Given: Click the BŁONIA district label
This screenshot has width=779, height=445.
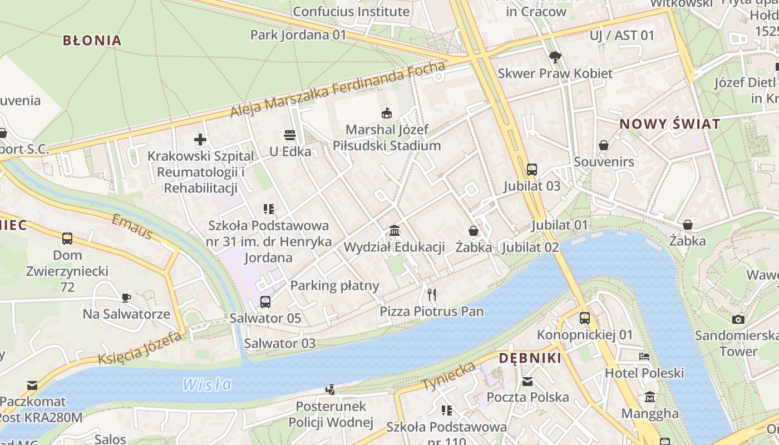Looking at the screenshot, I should tap(92, 40).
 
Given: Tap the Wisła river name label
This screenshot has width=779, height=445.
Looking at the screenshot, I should tap(207, 384).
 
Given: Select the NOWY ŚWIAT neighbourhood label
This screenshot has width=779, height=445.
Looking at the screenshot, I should tap(670, 124).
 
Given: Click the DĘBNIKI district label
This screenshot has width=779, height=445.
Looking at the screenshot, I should tap(530, 358).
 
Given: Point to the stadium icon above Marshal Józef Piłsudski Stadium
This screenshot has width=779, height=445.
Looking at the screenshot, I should tap(386, 113).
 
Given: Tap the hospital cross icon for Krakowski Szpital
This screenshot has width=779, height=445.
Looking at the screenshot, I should tap(200, 140).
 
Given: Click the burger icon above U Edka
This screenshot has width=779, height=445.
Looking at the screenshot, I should tap(289, 135).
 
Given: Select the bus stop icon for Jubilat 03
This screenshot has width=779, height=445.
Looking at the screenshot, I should tap(531, 169).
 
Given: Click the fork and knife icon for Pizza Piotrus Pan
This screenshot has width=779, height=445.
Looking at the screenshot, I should tap(431, 294).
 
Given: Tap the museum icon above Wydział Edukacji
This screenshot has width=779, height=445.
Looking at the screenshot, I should tap(395, 230).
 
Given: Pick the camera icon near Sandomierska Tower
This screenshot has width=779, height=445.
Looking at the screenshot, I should tap(738, 319).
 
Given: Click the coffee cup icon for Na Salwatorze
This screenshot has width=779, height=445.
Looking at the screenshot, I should tap(126, 298).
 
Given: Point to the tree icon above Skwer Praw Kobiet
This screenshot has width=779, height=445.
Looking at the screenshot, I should tap(555, 57).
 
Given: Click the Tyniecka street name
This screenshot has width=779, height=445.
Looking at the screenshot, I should tap(448, 376).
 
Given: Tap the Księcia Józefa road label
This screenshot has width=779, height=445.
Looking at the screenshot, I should tap(140, 349).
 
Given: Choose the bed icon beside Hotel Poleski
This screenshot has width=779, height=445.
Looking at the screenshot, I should tap(644, 357).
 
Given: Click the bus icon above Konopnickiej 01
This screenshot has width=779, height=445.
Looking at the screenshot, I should tap(584, 318).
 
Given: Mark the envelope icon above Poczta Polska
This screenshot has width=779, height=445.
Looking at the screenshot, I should tap(527, 382).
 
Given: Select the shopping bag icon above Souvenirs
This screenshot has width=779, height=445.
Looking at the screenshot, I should tap(604, 146).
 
